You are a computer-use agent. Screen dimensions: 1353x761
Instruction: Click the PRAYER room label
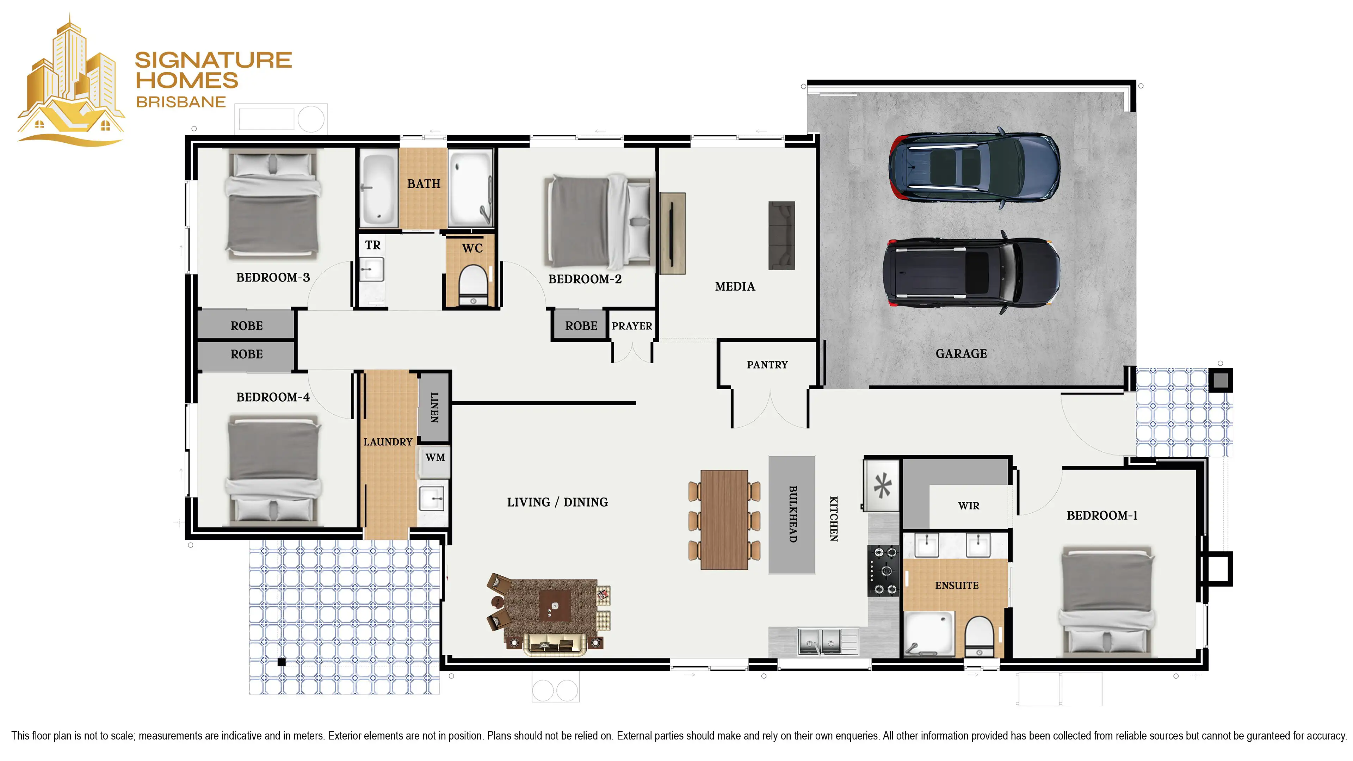[632, 326]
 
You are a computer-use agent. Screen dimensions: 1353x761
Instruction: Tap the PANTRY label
[767, 365]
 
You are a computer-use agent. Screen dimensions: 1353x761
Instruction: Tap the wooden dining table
[724, 519]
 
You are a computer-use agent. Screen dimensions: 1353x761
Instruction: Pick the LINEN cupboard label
[434, 408]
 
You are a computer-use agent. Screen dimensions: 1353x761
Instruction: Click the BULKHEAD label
[792, 514]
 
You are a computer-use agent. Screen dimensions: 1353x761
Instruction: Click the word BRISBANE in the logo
[181, 102]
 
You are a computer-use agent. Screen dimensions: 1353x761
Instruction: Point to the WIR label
[969, 506]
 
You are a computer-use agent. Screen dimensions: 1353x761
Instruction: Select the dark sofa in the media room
[781, 236]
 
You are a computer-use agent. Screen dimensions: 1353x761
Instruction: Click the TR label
[373, 245]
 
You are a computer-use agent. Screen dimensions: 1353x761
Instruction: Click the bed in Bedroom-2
[598, 221]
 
